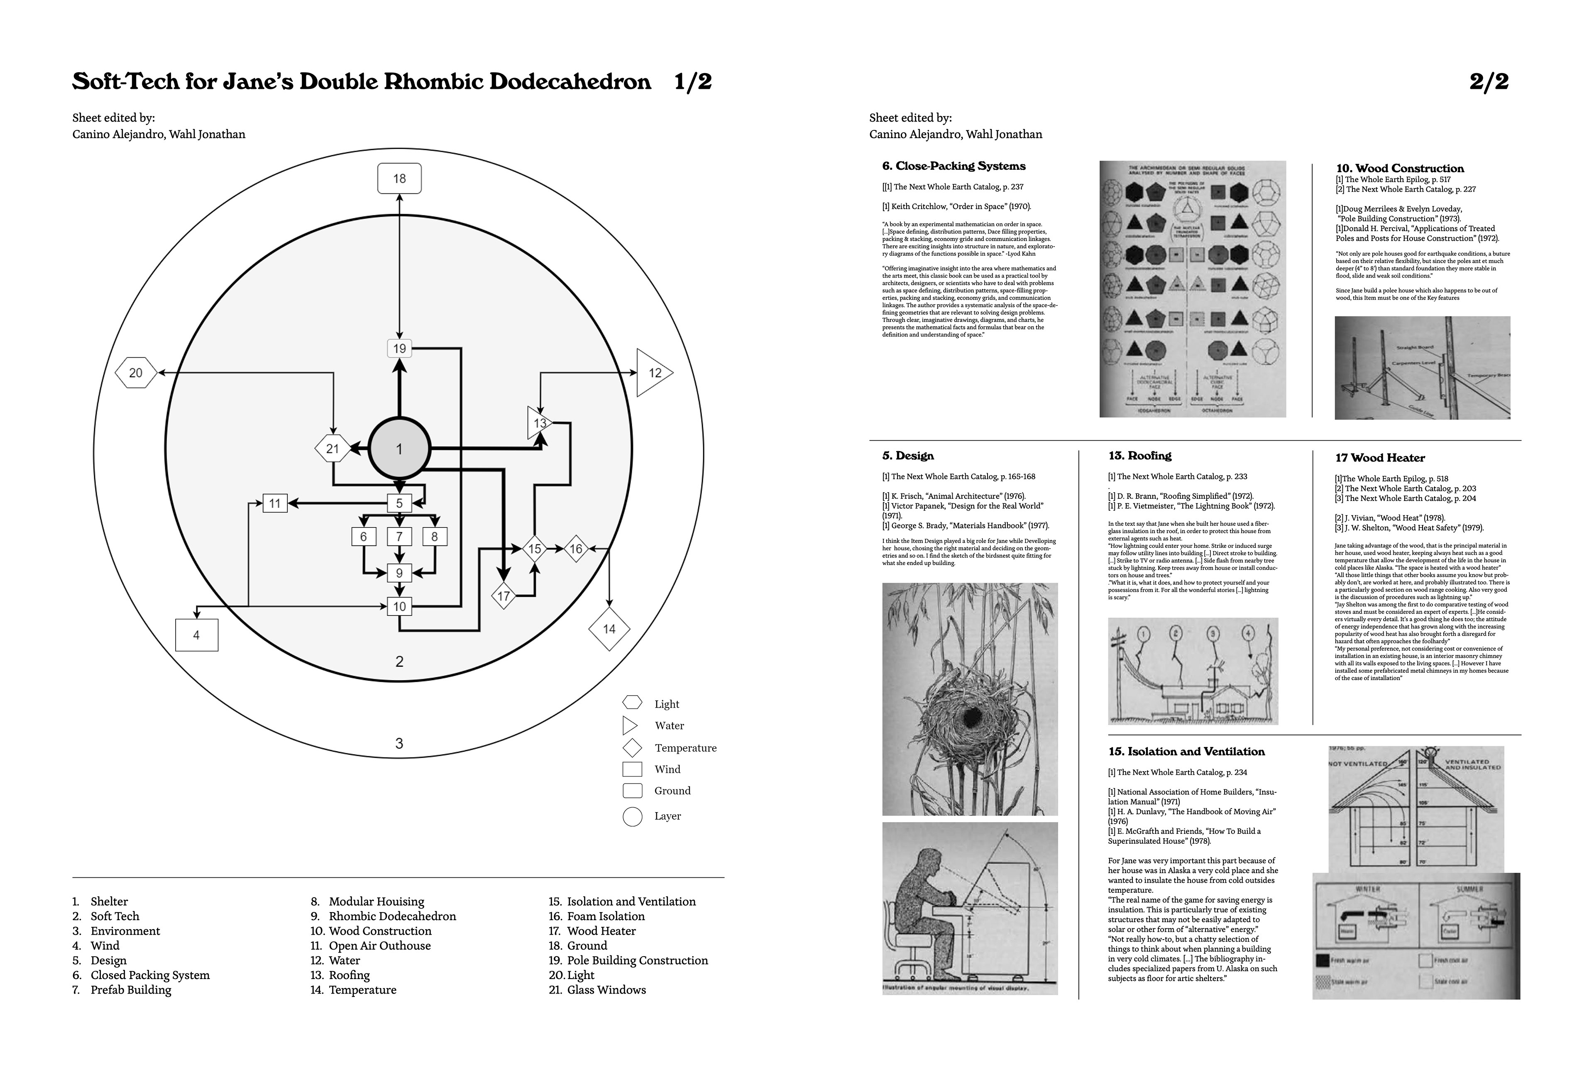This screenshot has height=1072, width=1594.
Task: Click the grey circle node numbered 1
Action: (x=399, y=449)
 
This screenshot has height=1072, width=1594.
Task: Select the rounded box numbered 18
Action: (x=399, y=178)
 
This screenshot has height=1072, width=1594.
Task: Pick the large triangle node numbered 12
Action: (x=652, y=373)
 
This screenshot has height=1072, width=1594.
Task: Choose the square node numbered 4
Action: (x=196, y=635)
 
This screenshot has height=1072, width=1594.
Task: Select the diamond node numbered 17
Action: (x=503, y=596)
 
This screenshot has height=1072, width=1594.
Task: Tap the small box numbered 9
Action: (x=399, y=573)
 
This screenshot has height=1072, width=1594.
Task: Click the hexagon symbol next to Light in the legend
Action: (x=633, y=703)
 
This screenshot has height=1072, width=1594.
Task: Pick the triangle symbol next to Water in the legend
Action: (x=629, y=725)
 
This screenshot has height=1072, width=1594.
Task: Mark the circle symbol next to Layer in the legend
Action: (x=633, y=816)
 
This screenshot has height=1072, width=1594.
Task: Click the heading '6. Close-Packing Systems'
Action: (x=953, y=166)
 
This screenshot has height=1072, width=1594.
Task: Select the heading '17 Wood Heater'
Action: (x=1380, y=458)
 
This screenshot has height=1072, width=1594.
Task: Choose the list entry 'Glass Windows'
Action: (x=606, y=989)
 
